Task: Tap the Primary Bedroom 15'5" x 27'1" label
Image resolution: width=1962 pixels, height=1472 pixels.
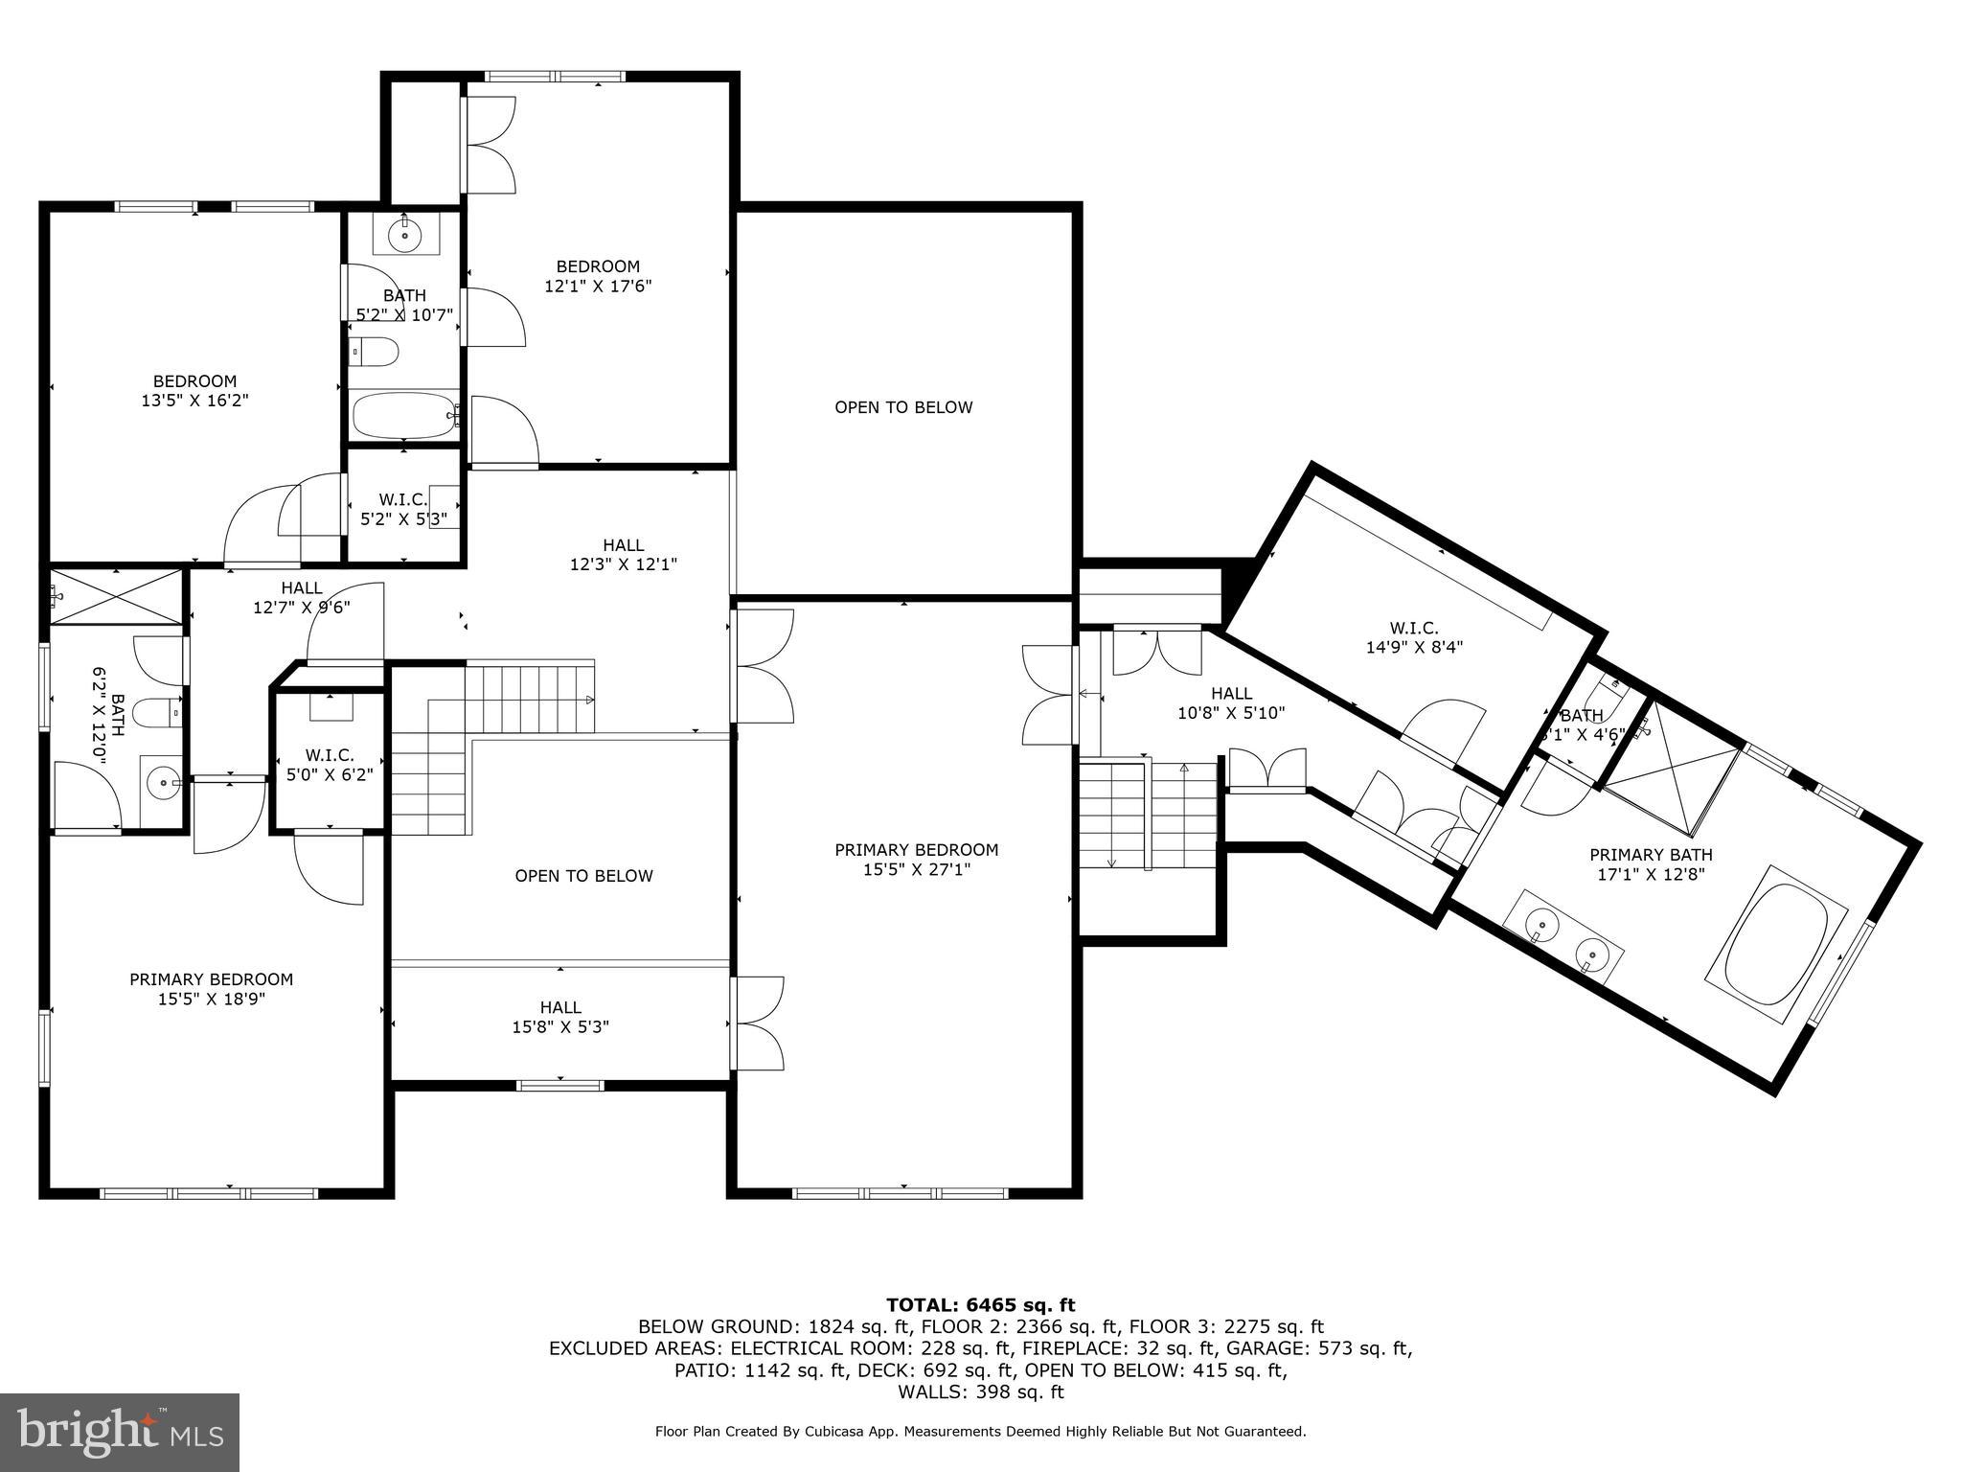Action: pyautogui.click(x=916, y=860)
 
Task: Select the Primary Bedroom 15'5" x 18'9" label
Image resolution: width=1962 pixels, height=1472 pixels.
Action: pyautogui.click(x=212, y=989)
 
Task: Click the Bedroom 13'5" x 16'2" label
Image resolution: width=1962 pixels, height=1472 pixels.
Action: pyautogui.click(x=195, y=391)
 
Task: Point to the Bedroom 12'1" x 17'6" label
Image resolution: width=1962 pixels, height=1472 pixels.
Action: pyautogui.click(x=598, y=276)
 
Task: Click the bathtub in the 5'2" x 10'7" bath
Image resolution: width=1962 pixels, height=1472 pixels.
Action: pyautogui.click(x=403, y=416)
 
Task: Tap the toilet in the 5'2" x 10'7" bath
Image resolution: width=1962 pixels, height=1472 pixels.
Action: pyautogui.click(x=374, y=353)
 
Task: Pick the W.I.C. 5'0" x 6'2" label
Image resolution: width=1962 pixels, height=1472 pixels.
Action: pyautogui.click(x=330, y=765)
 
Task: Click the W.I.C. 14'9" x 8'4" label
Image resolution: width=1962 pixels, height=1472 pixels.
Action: pyautogui.click(x=1414, y=637)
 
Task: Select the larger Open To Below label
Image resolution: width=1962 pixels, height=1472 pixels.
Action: pyautogui.click(x=903, y=407)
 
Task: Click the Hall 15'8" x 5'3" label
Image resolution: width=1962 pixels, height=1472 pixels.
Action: pyautogui.click(x=560, y=1017)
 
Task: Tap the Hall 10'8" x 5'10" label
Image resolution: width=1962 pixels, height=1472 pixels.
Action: pyautogui.click(x=1230, y=702)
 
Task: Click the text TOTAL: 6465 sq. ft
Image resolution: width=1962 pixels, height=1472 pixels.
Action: pyautogui.click(x=980, y=1304)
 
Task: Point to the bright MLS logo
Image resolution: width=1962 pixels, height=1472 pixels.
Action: pyautogui.click(x=120, y=1432)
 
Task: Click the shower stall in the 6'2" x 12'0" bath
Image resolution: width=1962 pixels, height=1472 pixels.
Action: pyautogui.click(x=116, y=596)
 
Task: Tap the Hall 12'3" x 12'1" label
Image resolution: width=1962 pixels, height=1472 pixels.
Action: pyautogui.click(x=624, y=555)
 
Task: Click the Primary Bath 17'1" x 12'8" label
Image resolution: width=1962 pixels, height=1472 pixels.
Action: pyautogui.click(x=1651, y=864)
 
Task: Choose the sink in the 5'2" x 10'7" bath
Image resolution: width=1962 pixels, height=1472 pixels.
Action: pyautogui.click(x=405, y=234)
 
